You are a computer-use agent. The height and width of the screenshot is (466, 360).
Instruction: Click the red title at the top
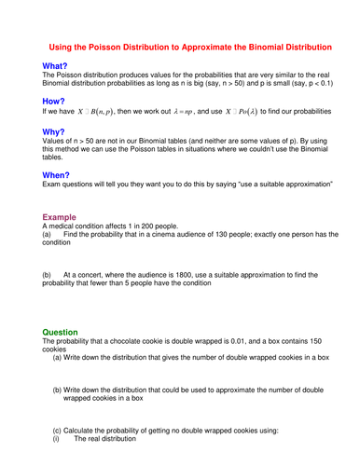click(189, 47)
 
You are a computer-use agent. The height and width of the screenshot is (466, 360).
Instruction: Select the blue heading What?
click(55, 66)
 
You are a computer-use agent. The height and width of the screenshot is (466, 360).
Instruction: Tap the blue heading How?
click(54, 99)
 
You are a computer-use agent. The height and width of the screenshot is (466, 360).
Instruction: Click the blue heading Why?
click(54, 132)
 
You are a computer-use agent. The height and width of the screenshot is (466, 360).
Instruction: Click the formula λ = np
click(182, 110)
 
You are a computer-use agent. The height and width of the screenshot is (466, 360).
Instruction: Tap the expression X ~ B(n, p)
click(95, 110)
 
